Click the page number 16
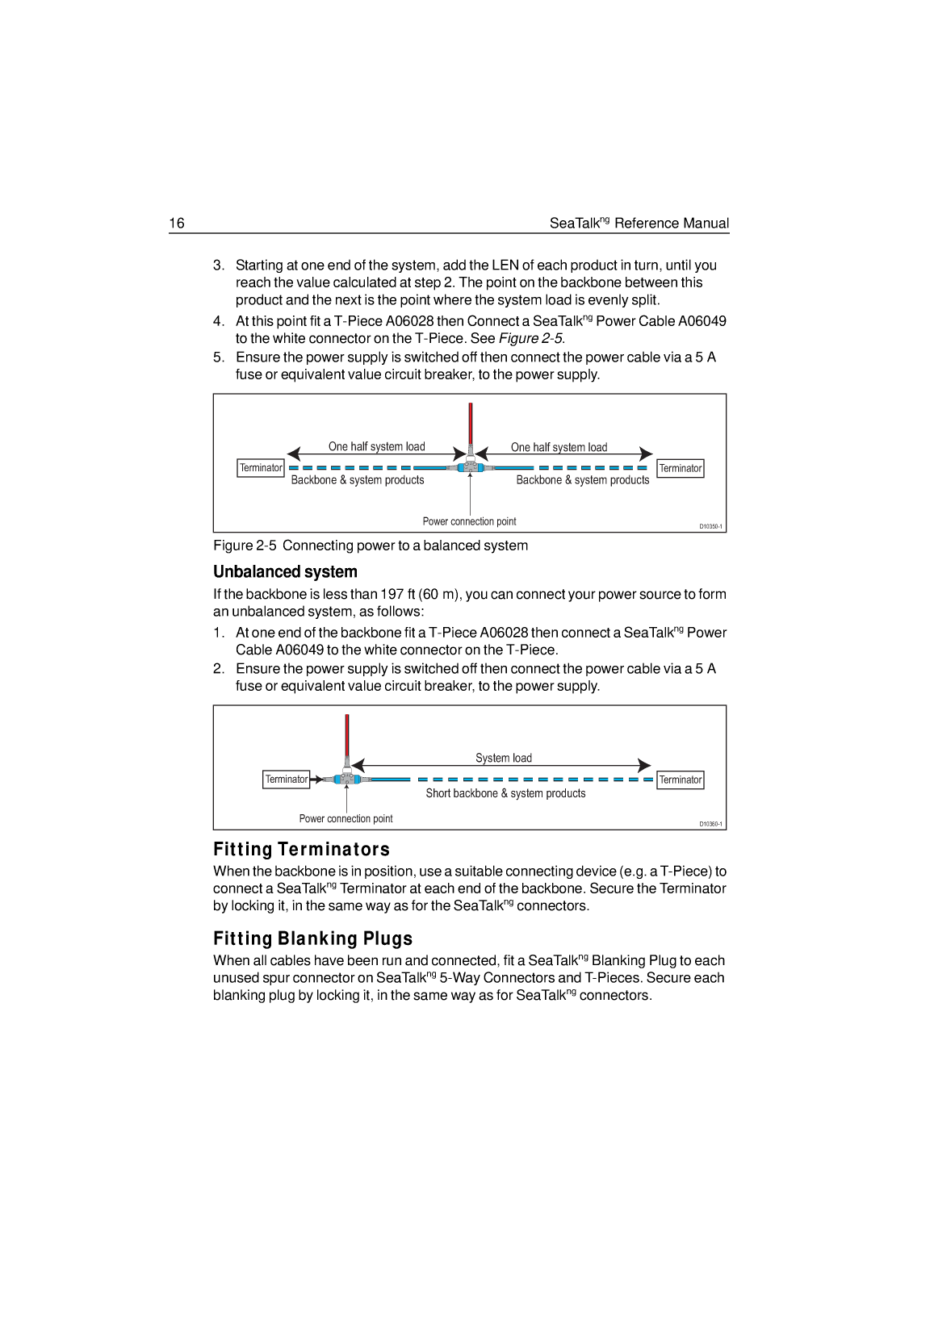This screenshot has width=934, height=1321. [x=177, y=223]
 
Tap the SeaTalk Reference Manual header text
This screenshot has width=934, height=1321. [x=639, y=223]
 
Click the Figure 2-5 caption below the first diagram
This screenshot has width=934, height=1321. [x=371, y=546]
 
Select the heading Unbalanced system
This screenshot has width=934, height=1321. [x=285, y=571]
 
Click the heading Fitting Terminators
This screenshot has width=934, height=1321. [x=301, y=849]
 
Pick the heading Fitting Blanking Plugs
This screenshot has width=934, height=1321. [x=312, y=938]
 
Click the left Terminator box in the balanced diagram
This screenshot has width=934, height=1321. [x=261, y=468]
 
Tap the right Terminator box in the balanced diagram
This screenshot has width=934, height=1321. [x=681, y=468]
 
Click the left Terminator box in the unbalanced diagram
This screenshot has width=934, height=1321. [x=286, y=779]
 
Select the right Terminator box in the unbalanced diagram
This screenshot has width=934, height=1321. [x=681, y=780]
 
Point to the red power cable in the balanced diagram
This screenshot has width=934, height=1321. [x=471, y=424]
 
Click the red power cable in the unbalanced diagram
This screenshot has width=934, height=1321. [x=347, y=735]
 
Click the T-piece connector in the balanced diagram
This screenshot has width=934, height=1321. [x=471, y=466]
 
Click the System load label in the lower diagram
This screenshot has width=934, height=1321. [x=503, y=758]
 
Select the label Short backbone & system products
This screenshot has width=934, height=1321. [x=505, y=793]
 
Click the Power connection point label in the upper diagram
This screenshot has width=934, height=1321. [x=469, y=521]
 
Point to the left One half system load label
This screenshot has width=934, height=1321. [x=376, y=446]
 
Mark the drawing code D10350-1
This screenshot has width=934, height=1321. [x=710, y=526]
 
